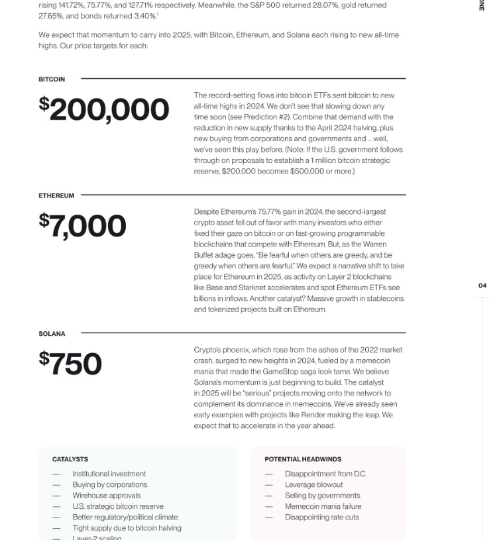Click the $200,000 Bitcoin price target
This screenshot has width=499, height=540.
[x=104, y=109]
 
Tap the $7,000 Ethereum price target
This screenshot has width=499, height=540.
[x=82, y=226]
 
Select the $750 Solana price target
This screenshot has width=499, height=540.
[x=70, y=364]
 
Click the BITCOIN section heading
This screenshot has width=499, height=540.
[x=52, y=80]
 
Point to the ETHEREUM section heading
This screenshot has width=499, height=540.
[x=56, y=195]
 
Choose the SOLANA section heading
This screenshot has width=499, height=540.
[x=52, y=334]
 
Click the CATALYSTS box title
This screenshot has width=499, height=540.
[x=70, y=459]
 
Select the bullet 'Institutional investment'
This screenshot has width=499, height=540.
[x=109, y=474]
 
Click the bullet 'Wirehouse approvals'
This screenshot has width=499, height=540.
[x=106, y=496]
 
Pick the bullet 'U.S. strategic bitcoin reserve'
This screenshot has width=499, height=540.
[x=118, y=506]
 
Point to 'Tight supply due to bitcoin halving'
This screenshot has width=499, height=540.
[x=127, y=528]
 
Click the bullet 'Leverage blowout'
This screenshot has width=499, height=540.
[x=313, y=484]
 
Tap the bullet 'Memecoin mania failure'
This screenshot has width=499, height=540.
[x=323, y=506]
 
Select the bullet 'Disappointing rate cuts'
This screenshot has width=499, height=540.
[x=321, y=517]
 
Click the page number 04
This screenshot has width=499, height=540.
[x=482, y=286]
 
